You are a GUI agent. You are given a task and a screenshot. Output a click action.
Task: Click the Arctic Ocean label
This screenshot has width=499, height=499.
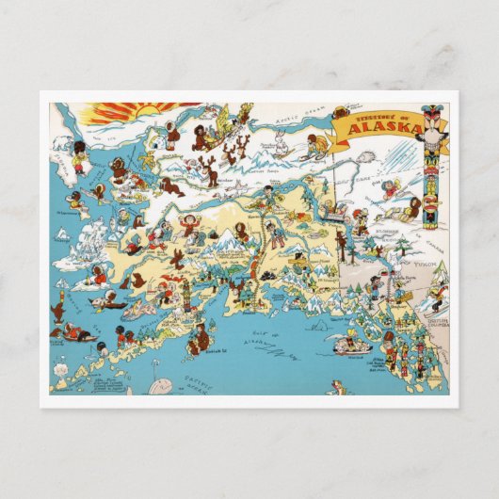point(297,119)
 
